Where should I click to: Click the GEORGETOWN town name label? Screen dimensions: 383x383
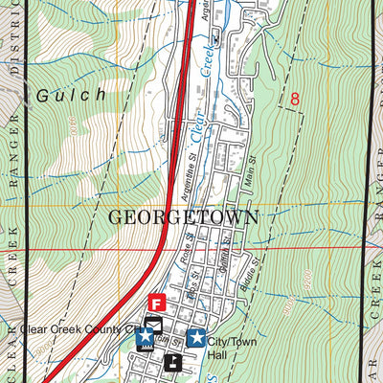183,217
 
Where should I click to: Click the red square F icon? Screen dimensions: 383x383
158,303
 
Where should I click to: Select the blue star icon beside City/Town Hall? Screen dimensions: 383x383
197,337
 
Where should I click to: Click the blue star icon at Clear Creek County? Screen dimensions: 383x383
144,337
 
